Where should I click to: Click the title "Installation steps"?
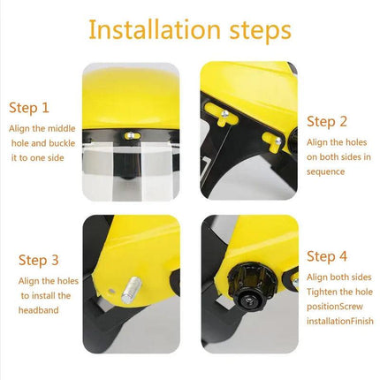(190, 29)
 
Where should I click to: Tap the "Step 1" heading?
(29, 108)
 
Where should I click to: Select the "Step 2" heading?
(327, 122)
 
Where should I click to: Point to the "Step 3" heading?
(39, 260)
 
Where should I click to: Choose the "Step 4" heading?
(327, 256)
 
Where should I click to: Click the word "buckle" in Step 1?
(62, 143)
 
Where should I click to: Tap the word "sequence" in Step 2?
(325, 171)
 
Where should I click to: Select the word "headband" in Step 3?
(39, 310)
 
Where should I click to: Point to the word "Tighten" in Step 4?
(322, 292)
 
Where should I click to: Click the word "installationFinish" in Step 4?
(340, 321)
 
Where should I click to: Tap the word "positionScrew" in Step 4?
(335, 307)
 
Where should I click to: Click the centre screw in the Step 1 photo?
(131, 135)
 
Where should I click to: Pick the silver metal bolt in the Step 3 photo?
(132, 290)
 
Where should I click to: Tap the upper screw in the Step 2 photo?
(224, 113)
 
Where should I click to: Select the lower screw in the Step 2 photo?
(277, 141)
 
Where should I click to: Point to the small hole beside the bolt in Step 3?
(111, 292)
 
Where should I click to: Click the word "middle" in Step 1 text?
(62, 129)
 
